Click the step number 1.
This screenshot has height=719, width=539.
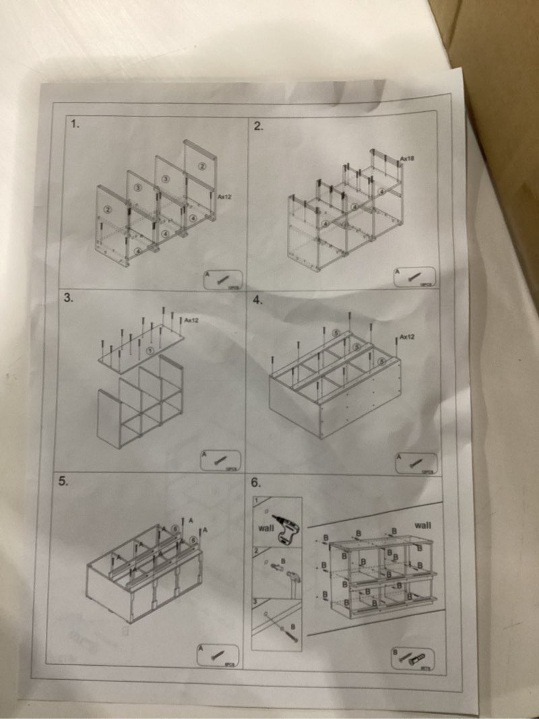(75, 124)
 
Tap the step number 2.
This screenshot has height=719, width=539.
(258, 126)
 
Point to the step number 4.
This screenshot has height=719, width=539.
(257, 301)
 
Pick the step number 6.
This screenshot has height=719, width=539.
(255, 483)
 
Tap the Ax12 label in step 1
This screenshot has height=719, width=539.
(224, 197)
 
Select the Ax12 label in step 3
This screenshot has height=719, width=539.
(191, 320)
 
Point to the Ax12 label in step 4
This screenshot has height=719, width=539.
(406, 337)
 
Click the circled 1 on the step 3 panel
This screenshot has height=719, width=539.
(150, 350)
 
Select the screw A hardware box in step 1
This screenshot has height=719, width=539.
(223, 279)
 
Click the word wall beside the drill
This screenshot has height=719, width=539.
(265, 528)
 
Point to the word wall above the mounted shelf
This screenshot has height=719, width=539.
(422, 525)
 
